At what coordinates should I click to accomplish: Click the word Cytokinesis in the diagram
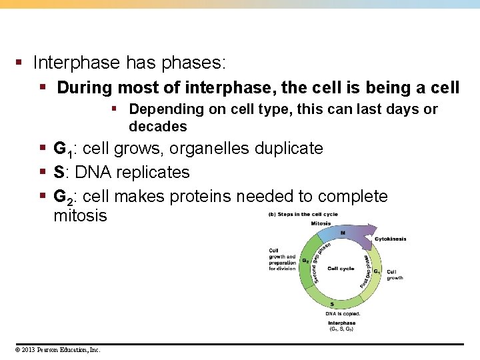click(x=390, y=239)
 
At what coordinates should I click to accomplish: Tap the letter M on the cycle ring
click(x=342, y=233)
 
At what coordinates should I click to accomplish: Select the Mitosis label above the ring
click(x=321, y=223)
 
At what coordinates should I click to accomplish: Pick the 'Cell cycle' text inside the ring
click(x=341, y=269)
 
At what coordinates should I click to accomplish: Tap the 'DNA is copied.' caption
click(x=343, y=313)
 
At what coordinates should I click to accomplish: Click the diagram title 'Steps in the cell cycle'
click(x=307, y=214)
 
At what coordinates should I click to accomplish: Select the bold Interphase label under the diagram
click(x=342, y=323)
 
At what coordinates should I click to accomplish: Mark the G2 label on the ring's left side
click(x=305, y=261)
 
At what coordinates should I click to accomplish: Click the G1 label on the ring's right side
click(x=376, y=271)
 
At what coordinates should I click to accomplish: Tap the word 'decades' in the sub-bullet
click(x=158, y=127)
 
